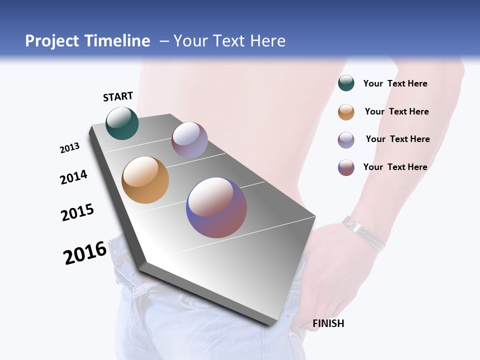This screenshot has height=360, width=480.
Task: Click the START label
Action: [118, 96]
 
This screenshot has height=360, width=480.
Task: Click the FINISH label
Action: [328, 323]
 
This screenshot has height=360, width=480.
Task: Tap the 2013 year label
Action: [69, 148]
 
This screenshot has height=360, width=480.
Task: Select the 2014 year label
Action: [73, 177]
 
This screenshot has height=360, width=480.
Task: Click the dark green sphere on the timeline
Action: [122, 123]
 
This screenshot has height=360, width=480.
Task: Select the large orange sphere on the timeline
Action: [145, 180]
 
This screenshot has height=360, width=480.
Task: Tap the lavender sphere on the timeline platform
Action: [189, 139]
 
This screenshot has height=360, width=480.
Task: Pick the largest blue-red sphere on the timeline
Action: [216, 207]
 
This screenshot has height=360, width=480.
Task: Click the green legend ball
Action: [346, 83]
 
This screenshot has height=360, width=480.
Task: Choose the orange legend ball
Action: [346, 112]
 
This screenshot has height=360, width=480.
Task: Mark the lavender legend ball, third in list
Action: [346, 140]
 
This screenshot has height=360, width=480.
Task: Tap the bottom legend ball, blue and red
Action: [346, 167]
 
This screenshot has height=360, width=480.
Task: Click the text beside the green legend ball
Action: [395, 83]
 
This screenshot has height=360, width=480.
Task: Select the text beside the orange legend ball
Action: [396, 111]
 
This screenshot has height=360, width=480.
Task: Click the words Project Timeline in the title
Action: [87, 41]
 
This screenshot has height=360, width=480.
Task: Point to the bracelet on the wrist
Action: [364, 232]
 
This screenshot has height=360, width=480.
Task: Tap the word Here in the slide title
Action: [267, 41]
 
